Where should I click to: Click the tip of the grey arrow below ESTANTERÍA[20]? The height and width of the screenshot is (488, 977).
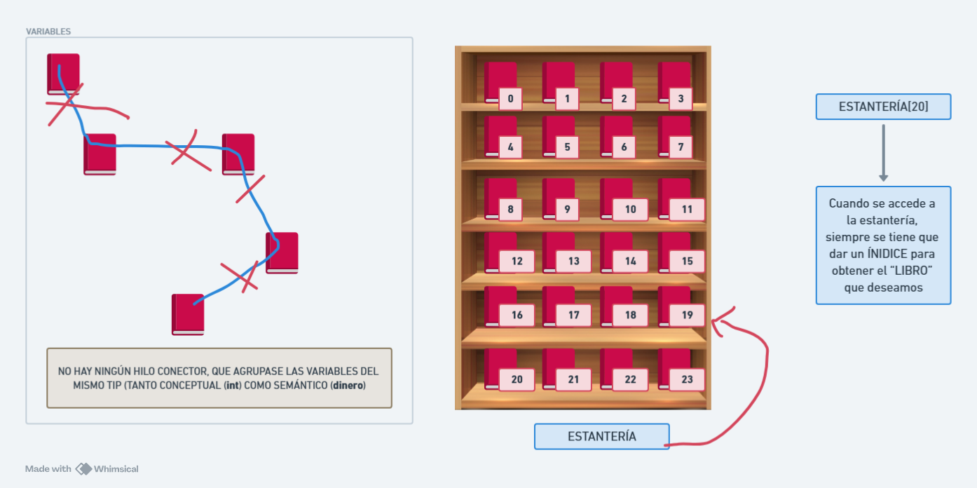coord(883,181)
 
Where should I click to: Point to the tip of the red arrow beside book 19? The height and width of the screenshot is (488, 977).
coord(712,322)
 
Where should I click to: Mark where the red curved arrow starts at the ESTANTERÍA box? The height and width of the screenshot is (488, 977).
coord(664,445)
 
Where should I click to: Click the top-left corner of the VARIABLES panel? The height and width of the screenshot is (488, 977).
coord(26,38)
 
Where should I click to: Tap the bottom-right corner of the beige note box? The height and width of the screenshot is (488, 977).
coord(392,407)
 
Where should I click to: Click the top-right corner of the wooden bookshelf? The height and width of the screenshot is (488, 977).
coord(711,46)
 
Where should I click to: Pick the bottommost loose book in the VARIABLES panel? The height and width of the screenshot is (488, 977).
coord(188,315)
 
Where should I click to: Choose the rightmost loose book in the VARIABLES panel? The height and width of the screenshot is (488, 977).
coord(282,253)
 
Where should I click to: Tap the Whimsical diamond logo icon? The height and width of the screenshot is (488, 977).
coord(83,469)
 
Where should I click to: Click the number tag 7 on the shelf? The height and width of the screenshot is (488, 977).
coord(681,147)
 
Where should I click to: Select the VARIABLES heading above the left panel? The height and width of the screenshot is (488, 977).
coord(48,32)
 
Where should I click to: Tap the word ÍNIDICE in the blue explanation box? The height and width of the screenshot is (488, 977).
coord(893,254)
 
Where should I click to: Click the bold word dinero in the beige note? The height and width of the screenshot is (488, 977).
coord(348,386)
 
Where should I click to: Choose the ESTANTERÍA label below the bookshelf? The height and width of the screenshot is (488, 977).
coord(602,437)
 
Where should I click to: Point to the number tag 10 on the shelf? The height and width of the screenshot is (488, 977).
coord(630,210)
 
